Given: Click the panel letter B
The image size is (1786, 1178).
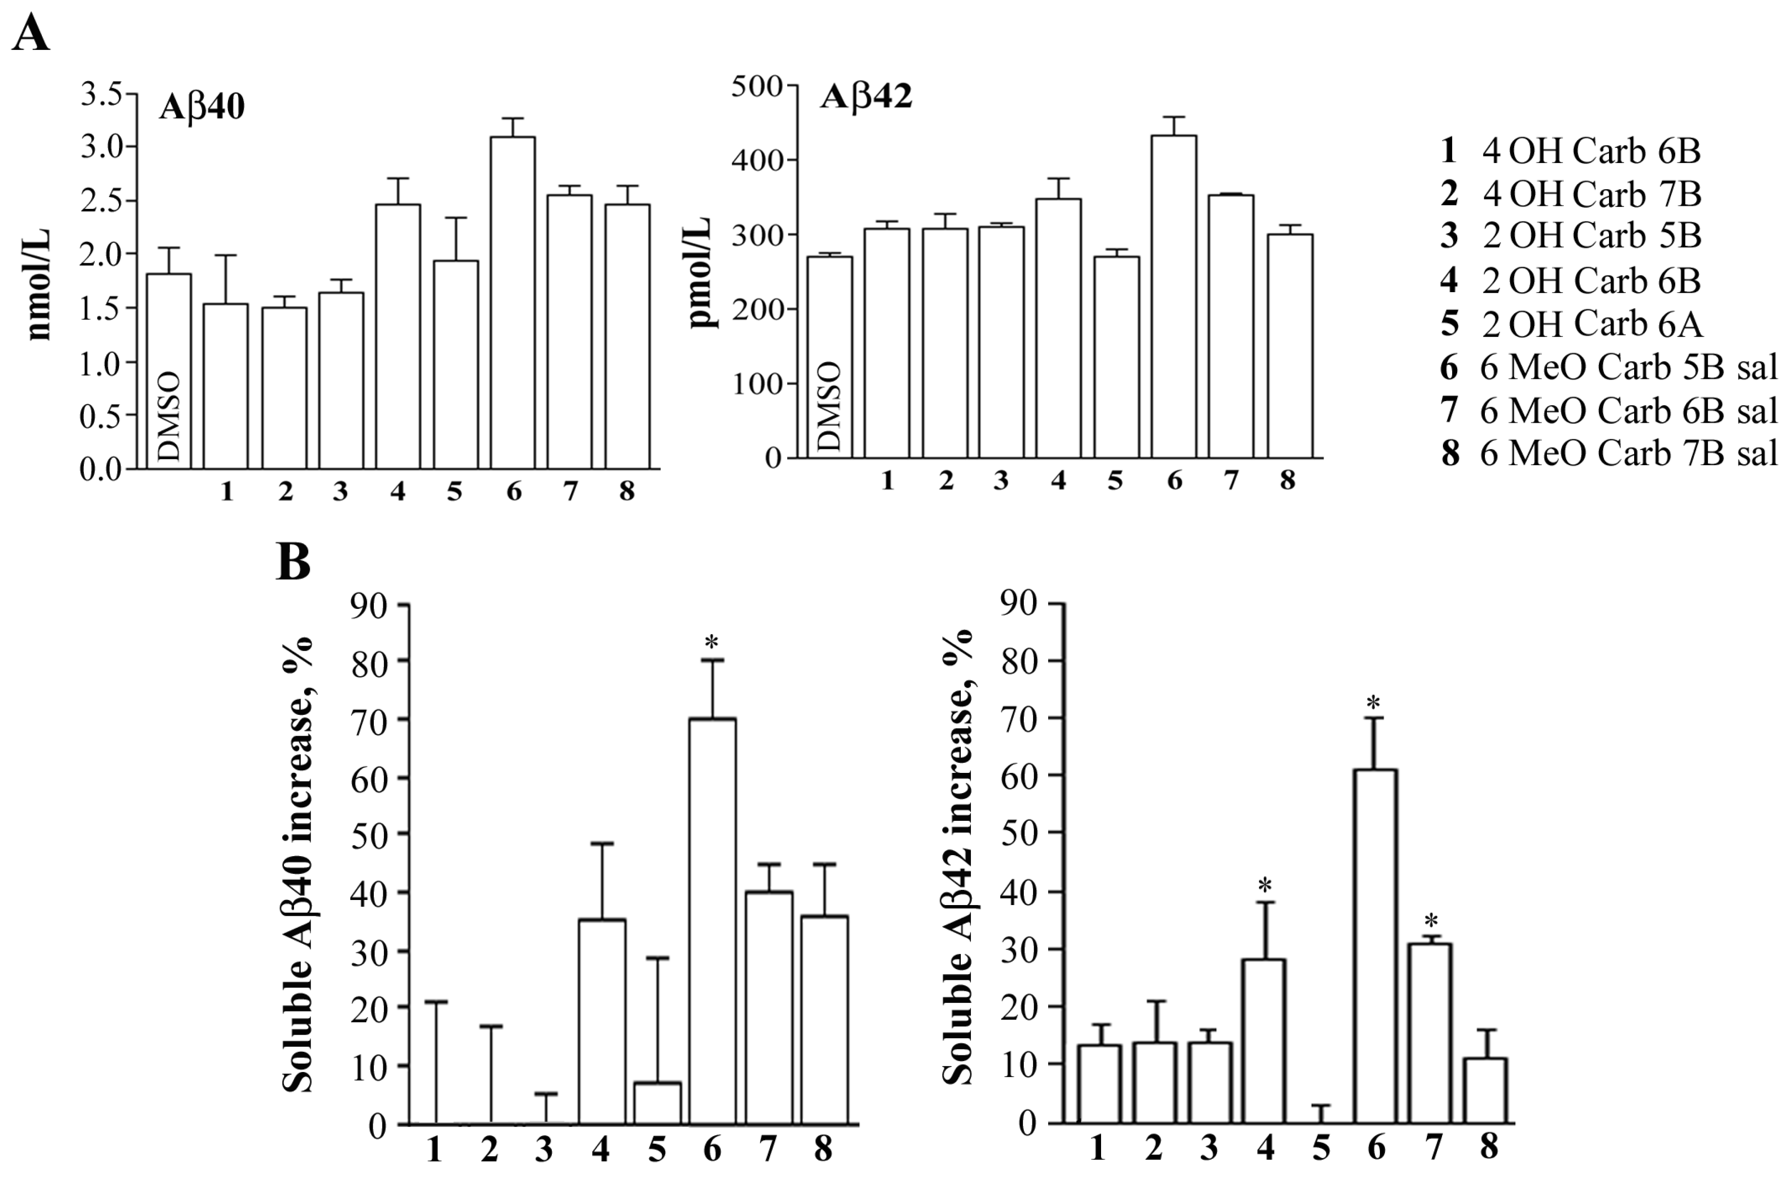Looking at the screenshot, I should [293, 562].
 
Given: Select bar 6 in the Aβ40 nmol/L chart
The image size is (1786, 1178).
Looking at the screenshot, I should [513, 301].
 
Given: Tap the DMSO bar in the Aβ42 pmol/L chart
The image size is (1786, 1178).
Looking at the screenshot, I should [829, 357].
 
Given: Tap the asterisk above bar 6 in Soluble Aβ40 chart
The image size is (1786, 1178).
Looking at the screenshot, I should [711, 642].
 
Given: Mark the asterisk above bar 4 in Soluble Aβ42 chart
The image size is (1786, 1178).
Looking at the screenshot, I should [1265, 885].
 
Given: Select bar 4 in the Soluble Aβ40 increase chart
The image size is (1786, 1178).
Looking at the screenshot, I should [602, 1022].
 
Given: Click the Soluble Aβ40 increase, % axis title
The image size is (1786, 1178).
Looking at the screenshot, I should [298, 864].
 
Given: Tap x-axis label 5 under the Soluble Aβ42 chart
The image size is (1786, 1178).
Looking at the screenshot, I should [1320, 1147].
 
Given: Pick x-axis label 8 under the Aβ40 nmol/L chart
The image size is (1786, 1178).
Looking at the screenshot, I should [626, 491].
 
